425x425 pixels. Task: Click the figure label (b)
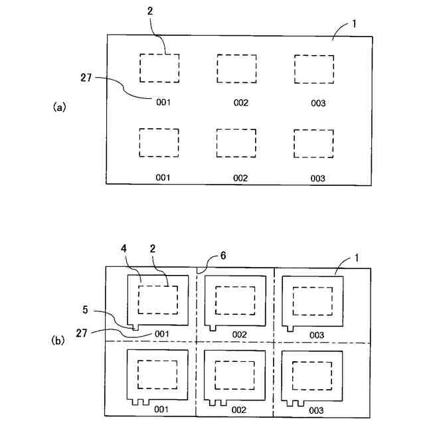59,341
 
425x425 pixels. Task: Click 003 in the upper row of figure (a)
317,103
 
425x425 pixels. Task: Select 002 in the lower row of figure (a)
240,178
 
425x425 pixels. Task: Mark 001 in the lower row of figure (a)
163,178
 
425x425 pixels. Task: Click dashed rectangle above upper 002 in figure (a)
237,69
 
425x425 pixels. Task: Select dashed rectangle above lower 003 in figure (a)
314,143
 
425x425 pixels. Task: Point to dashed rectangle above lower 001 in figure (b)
157,376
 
